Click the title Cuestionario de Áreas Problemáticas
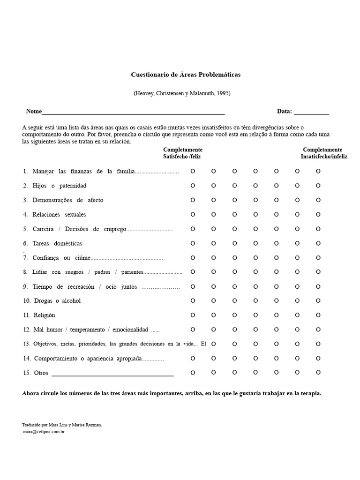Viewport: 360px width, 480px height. coord(185,75)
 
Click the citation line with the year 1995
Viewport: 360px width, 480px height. coord(182,93)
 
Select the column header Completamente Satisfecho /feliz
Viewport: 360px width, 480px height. coord(182,153)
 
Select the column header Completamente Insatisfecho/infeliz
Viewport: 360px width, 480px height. coord(324,153)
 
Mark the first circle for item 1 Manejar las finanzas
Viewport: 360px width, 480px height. coord(193,172)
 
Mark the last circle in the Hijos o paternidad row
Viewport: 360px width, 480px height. coord(318,186)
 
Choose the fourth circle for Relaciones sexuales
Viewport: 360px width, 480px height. coord(255,215)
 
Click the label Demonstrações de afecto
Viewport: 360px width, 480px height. coord(67,200)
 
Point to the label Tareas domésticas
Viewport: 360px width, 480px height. coord(57,244)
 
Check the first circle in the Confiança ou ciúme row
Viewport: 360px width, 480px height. coord(193,258)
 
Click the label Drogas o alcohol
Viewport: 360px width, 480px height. coord(57,301)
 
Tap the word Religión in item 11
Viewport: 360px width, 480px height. coord(45,315)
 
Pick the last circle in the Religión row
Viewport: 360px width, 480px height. coord(318,315)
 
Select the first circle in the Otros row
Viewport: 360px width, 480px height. coord(193,373)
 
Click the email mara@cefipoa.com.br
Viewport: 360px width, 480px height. coord(43,432)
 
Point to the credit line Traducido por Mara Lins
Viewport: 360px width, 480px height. coord(61,425)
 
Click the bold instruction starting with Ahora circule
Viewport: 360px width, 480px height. coord(172,393)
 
